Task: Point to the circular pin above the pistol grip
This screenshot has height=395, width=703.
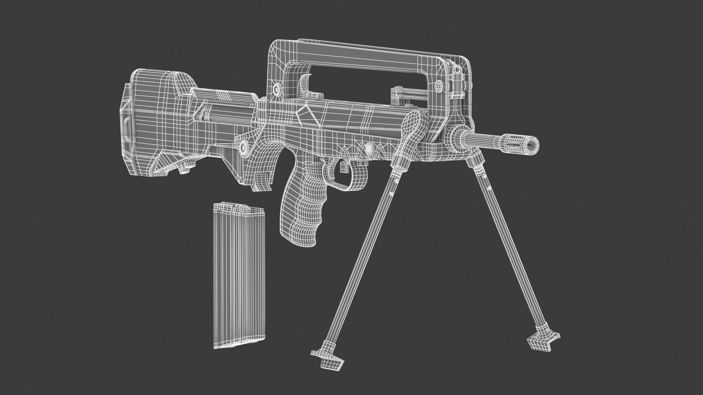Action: pos(244,146)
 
